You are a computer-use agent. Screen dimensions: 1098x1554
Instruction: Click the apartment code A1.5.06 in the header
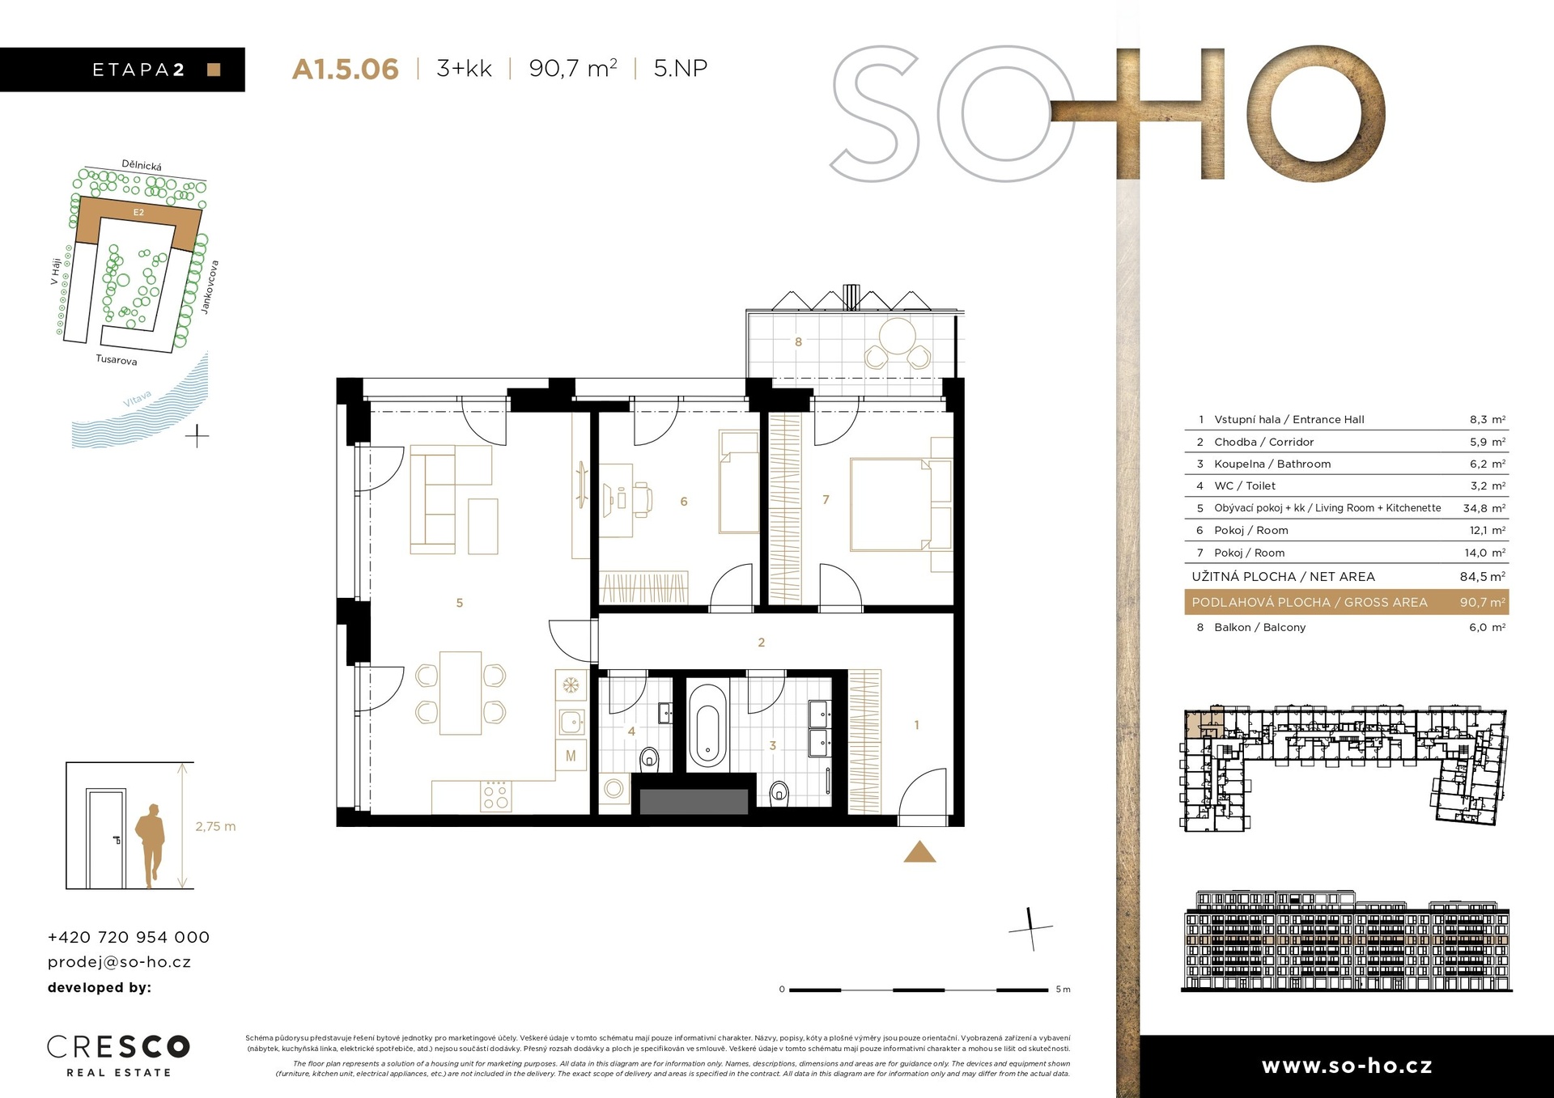[345, 69]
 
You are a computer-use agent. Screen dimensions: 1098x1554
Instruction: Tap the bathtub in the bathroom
[707, 725]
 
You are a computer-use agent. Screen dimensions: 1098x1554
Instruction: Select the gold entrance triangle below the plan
[919, 852]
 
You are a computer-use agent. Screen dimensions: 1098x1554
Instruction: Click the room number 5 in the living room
[460, 603]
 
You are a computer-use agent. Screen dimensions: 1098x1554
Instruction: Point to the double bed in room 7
[890, 505]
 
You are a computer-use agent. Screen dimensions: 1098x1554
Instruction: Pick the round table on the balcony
[898, 335]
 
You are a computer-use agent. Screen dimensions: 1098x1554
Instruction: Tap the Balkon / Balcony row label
[1259, 627]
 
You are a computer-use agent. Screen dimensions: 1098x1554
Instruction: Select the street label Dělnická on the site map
[142, 165]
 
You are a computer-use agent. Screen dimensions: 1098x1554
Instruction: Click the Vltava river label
[138, 399]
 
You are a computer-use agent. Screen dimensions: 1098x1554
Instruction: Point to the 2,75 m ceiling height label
[215, 826]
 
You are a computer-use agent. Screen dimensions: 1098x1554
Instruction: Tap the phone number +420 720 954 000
[129, 937]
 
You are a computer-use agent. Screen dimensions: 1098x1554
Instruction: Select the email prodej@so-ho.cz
[120, 962]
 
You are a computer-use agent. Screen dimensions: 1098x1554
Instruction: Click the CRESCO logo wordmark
[118, 1046]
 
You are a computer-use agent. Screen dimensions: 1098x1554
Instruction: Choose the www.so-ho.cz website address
[1347, 1066]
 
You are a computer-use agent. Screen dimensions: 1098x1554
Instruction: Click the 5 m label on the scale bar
[1063, 990]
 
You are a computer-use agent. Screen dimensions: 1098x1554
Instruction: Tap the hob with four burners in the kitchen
[495, 795]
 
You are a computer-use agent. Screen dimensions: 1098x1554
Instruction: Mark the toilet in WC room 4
[649, 761]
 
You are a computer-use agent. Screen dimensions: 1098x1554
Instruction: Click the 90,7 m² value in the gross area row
[1482, 602]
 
